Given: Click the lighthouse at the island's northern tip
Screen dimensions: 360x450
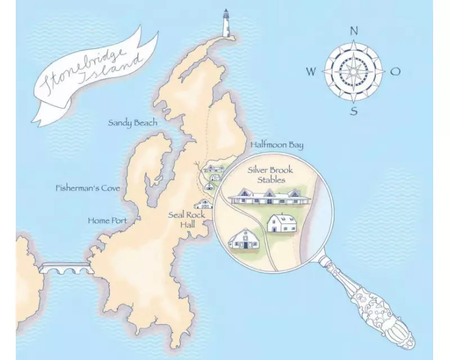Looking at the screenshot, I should (227, 24).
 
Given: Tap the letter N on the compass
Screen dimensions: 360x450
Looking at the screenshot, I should (354, 31).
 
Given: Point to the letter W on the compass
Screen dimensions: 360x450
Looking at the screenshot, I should (310, 71).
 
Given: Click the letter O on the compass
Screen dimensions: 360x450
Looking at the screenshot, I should (395, 71).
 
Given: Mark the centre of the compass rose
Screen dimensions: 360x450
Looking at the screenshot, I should (353, 71).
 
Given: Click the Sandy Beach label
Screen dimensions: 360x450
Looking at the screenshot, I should (132, 122).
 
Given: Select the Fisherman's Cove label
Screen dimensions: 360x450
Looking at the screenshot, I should (88, 188).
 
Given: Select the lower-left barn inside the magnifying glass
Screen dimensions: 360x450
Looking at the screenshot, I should (245, 239).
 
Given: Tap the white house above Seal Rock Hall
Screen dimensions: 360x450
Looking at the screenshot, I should (203, 204).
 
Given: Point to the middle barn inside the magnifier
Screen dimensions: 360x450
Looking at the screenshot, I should (281, 223).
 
